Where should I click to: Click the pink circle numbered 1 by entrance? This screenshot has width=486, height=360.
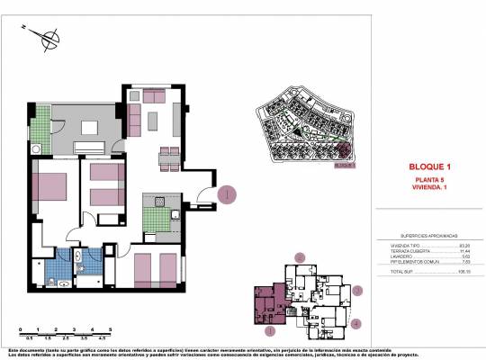229,193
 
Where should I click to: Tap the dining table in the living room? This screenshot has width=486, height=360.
167,160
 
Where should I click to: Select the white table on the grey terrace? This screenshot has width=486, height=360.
90,147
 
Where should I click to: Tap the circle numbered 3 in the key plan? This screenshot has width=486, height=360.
357,291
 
